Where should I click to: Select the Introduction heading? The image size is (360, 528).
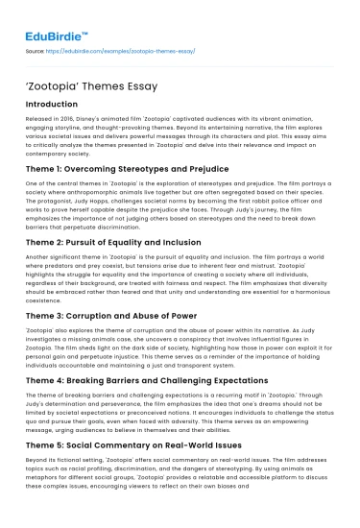[x=58, y=104]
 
